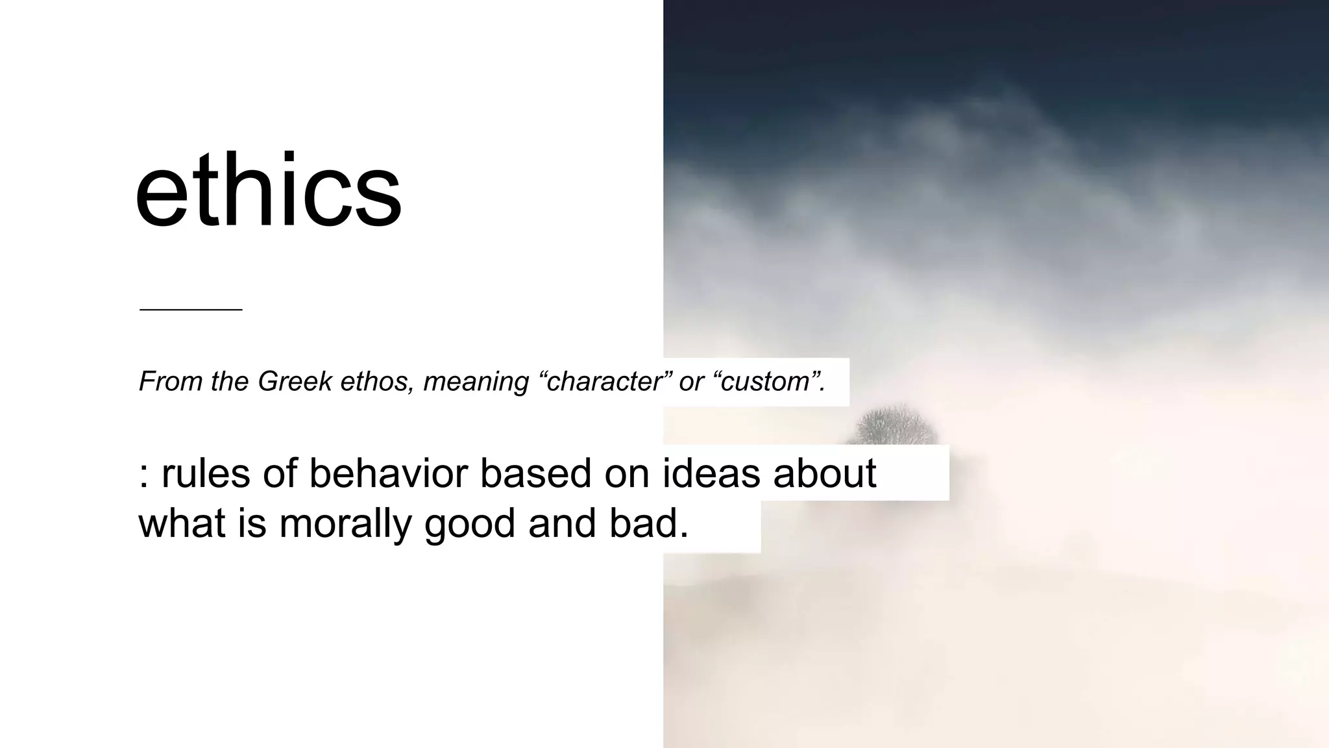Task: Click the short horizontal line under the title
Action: tap(191, 310)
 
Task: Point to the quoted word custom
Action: tap(768, 381)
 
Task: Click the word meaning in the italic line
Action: tap(476, 382)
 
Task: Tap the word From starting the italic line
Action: tap(171, 381)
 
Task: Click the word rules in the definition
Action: tap(206, 473)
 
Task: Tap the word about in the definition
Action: tap(825, 473)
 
